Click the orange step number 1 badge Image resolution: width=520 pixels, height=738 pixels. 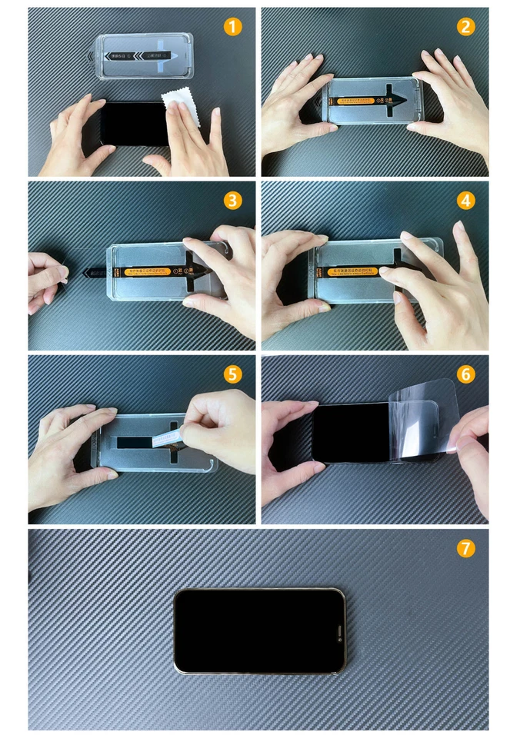tap(233, 27)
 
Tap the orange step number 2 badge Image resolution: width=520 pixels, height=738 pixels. tap(465, 27)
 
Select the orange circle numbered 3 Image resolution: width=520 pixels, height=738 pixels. tap(233, 201)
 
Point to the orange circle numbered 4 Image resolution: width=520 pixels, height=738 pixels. tap(465, 201)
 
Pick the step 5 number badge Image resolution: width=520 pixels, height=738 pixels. tap(233, 374)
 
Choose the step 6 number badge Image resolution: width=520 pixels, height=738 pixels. tap(465, 374)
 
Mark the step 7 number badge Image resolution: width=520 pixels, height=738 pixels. tap(465, 548)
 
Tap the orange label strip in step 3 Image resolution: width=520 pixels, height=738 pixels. tap(148, 271)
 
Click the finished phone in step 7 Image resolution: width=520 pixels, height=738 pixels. tap(259, 630)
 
